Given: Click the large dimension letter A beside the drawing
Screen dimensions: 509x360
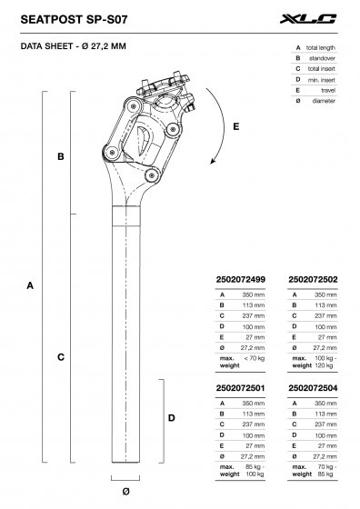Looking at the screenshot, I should tap(30, 285).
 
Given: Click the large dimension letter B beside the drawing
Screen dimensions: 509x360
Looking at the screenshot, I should tap(60, 157).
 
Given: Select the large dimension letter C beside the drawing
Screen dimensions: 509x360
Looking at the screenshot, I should tap(60, 357).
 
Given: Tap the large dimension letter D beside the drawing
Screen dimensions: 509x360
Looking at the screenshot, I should tap(171, 418).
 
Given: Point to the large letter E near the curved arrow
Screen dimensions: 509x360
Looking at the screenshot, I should tap(235, 127).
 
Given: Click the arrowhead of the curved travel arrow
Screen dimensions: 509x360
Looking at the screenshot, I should tap(213, 163).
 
